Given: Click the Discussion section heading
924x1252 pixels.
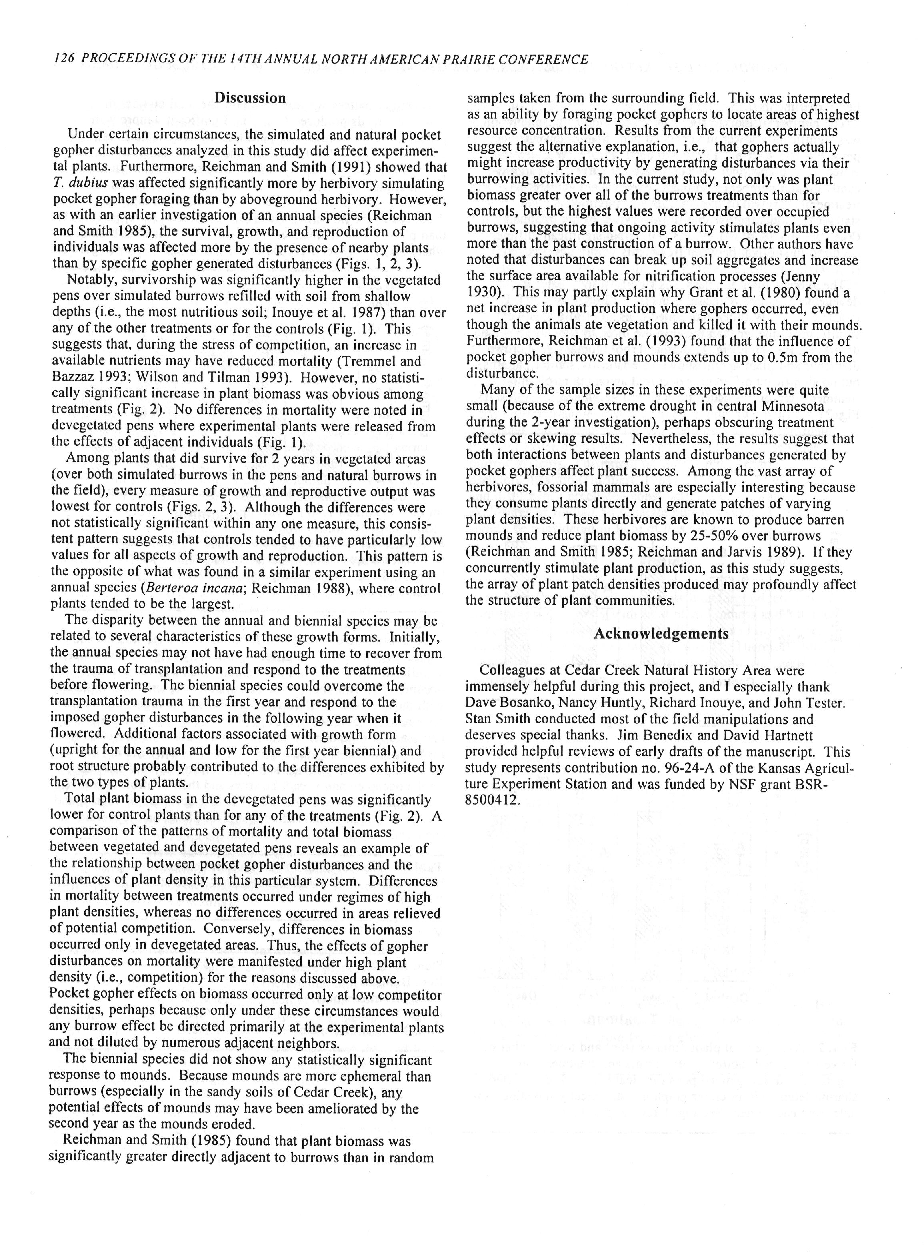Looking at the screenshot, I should (x=250, y=98).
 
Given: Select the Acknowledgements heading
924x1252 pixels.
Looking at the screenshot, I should (x=661, y=634).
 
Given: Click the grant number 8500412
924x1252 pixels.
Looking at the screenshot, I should (x=492, y=800).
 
